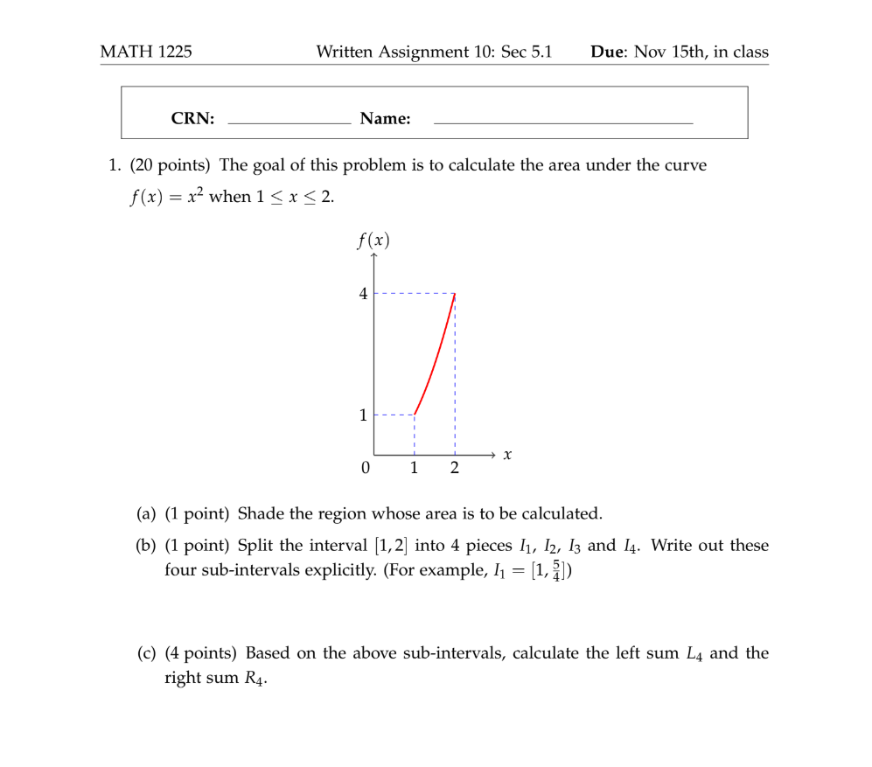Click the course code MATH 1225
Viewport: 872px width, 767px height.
pos(146,52)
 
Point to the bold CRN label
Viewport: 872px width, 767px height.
pos(192,119)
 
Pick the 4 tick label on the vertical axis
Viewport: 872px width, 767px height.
pos(363,294)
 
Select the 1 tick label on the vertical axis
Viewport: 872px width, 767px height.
pos(363,415)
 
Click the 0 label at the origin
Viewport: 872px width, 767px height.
pos(365,468)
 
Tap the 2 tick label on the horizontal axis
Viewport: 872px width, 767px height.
pos(455,468)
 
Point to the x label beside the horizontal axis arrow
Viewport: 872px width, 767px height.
pos(507,455)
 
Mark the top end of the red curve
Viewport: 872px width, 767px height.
pos(455,294)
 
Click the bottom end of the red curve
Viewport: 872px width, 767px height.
pos(415,415)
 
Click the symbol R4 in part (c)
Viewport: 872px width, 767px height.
pos(254,678)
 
